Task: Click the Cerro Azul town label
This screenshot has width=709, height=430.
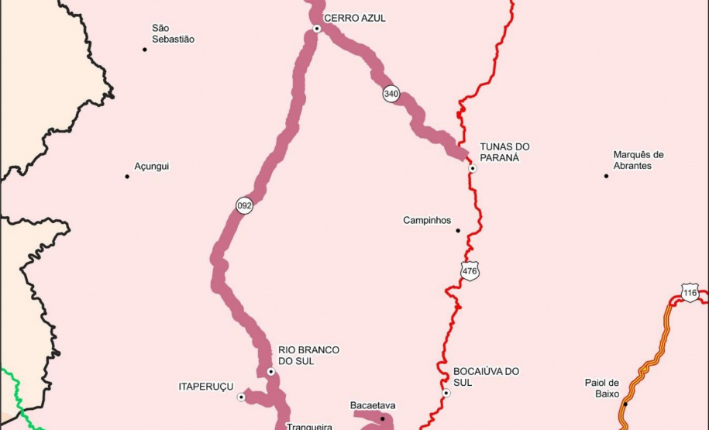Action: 354,18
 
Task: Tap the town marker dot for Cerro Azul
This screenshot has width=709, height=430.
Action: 317,29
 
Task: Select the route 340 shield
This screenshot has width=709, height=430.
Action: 391,94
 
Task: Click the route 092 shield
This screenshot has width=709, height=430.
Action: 245,205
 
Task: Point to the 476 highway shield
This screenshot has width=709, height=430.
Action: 470,271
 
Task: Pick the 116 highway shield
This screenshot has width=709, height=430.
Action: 690,293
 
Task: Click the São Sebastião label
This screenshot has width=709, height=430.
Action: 173,33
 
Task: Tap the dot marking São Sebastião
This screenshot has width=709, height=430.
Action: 145,50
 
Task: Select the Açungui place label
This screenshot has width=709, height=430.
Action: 151,167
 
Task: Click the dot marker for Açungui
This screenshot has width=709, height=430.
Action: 127,177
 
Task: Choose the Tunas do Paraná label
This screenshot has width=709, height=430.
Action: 504,152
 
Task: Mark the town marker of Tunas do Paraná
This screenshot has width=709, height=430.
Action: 473,168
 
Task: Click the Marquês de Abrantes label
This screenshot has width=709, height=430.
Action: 638,160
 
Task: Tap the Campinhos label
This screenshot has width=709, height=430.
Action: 427,221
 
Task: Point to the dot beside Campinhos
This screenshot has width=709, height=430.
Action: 458,230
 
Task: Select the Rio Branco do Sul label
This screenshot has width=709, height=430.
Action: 308,356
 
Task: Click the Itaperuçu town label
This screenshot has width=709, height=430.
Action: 206,387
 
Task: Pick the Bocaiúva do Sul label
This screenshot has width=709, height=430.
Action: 486,377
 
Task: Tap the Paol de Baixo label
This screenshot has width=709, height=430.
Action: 602,387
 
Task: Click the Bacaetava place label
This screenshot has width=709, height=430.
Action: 373,405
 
